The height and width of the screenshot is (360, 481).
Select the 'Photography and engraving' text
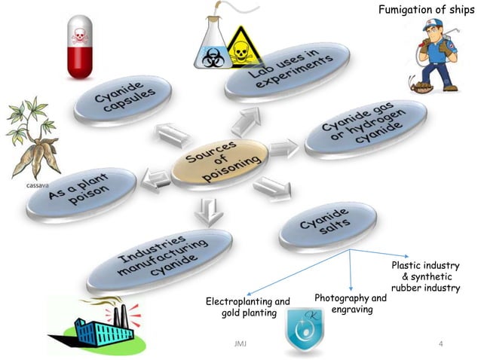351,304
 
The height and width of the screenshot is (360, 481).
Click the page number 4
442,344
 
